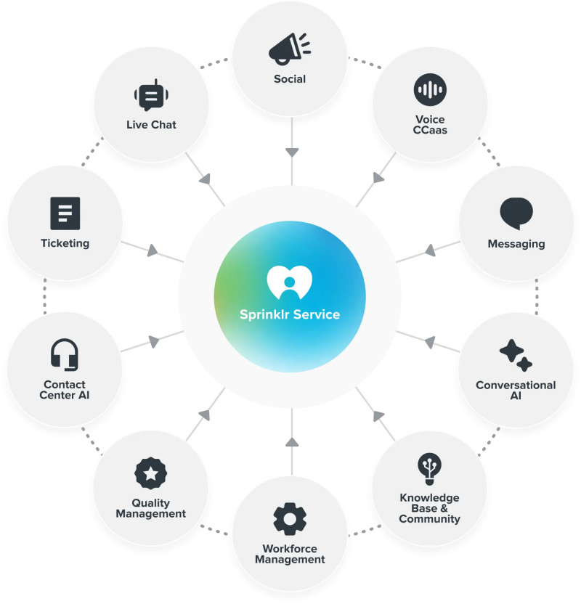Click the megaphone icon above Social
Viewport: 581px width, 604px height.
click(x=289, y=49)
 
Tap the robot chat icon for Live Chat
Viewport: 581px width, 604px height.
click(x=151, y=95)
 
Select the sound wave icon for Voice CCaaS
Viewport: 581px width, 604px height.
click(x=430, y=90)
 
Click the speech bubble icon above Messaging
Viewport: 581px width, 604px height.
click(x=516, y=213)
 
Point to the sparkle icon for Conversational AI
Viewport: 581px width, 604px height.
click(x=516, y=355)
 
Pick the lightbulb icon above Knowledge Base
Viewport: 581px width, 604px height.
click(x=430, y=469)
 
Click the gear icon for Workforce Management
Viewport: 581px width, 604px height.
click(x=290, y=519)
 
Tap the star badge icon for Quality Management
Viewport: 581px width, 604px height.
click(x=150, y=473)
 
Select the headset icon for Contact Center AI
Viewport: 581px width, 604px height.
click(x=65, y=355)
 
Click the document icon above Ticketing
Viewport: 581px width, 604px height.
click(x=65, y=213)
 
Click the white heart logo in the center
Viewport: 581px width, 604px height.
click(x=290, y=282)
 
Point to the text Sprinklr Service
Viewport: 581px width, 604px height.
click(x=290, y=314)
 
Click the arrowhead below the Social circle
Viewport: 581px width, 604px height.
click(x=292, y=152)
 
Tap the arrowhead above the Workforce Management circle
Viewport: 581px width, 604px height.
click(x=292, y=442)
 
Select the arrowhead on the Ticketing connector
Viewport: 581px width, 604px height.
click(x=153, y=250)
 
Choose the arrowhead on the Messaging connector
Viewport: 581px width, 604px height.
click(x=431, y=250)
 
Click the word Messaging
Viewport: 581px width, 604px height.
click(x=516, y=244)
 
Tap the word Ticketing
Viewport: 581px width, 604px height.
click(x=65, y=243)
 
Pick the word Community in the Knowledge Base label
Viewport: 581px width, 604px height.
click(x=430, y=519)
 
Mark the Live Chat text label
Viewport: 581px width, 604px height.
click(x=151, y=125)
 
